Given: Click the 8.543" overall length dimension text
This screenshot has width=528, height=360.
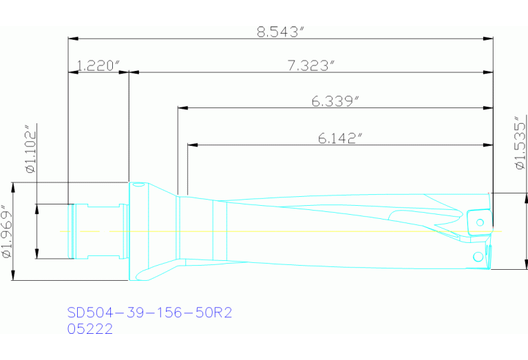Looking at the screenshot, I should point(280,31).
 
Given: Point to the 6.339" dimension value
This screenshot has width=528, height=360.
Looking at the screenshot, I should point(336,101).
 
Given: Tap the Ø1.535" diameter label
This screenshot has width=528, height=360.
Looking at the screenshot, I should point(520,142).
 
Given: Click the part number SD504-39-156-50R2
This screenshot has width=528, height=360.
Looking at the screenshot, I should point(149,313).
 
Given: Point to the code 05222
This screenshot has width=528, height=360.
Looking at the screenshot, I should point(89,329).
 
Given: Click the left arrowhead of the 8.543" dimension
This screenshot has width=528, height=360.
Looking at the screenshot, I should point(72,38).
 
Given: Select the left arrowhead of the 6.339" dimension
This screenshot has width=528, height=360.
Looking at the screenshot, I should point(182,107).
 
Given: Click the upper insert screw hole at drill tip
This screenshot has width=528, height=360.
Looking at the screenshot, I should point(479,222).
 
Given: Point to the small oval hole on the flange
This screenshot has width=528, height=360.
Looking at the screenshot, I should point(138,185).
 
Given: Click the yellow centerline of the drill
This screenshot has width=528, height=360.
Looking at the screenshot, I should point(275,231).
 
